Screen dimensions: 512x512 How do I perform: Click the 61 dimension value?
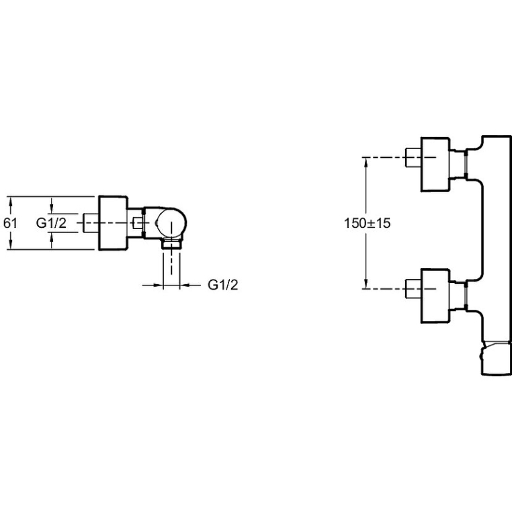pyautogui.click(x=10, y=223)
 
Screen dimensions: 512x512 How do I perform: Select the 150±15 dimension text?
pyautogui.click(x=367, y=223)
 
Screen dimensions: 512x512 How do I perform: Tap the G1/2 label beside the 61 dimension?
pyautogui.click(x=51, y=223)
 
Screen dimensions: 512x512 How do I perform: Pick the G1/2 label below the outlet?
pyautogui.click(x=222, y=285)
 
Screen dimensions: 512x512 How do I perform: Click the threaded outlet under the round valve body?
pyautogui.click(x=171, y=244)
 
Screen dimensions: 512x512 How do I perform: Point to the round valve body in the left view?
pyautogui.click(x=171, y=222)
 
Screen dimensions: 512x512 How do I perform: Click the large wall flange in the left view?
pyautogui.click(x=113, y=223)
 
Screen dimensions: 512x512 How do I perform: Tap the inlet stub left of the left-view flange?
pyautogui.click(x=91, y=223)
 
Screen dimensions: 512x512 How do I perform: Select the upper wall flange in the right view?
pyautogui.click(x=435, y=164)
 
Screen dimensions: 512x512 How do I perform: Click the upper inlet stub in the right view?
pyautogui.click(x=413, y=157)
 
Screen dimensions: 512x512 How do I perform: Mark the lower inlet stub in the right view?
pyautogui.click(x=413, y=289)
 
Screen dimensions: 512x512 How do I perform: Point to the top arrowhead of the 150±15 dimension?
pyautogui.click(x=366, y=163)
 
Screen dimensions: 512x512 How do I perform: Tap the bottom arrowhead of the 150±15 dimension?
pyautogui.click(x=366, y=284)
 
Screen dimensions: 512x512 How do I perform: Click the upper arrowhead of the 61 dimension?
pyautogui.click(x=11, y=202)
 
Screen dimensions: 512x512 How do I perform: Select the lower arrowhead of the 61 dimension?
pyautogui.click(x=11, y=245)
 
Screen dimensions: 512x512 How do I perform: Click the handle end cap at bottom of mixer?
pyautogui.click(x=496, y=358)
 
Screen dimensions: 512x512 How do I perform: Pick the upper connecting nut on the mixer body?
pyautogui.click(x=466, y=164)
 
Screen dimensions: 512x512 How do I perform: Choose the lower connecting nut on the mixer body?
pyautogui.click(x=466, y=296)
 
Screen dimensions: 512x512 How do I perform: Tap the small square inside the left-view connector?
pyautogui.click(x=138, y=222)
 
